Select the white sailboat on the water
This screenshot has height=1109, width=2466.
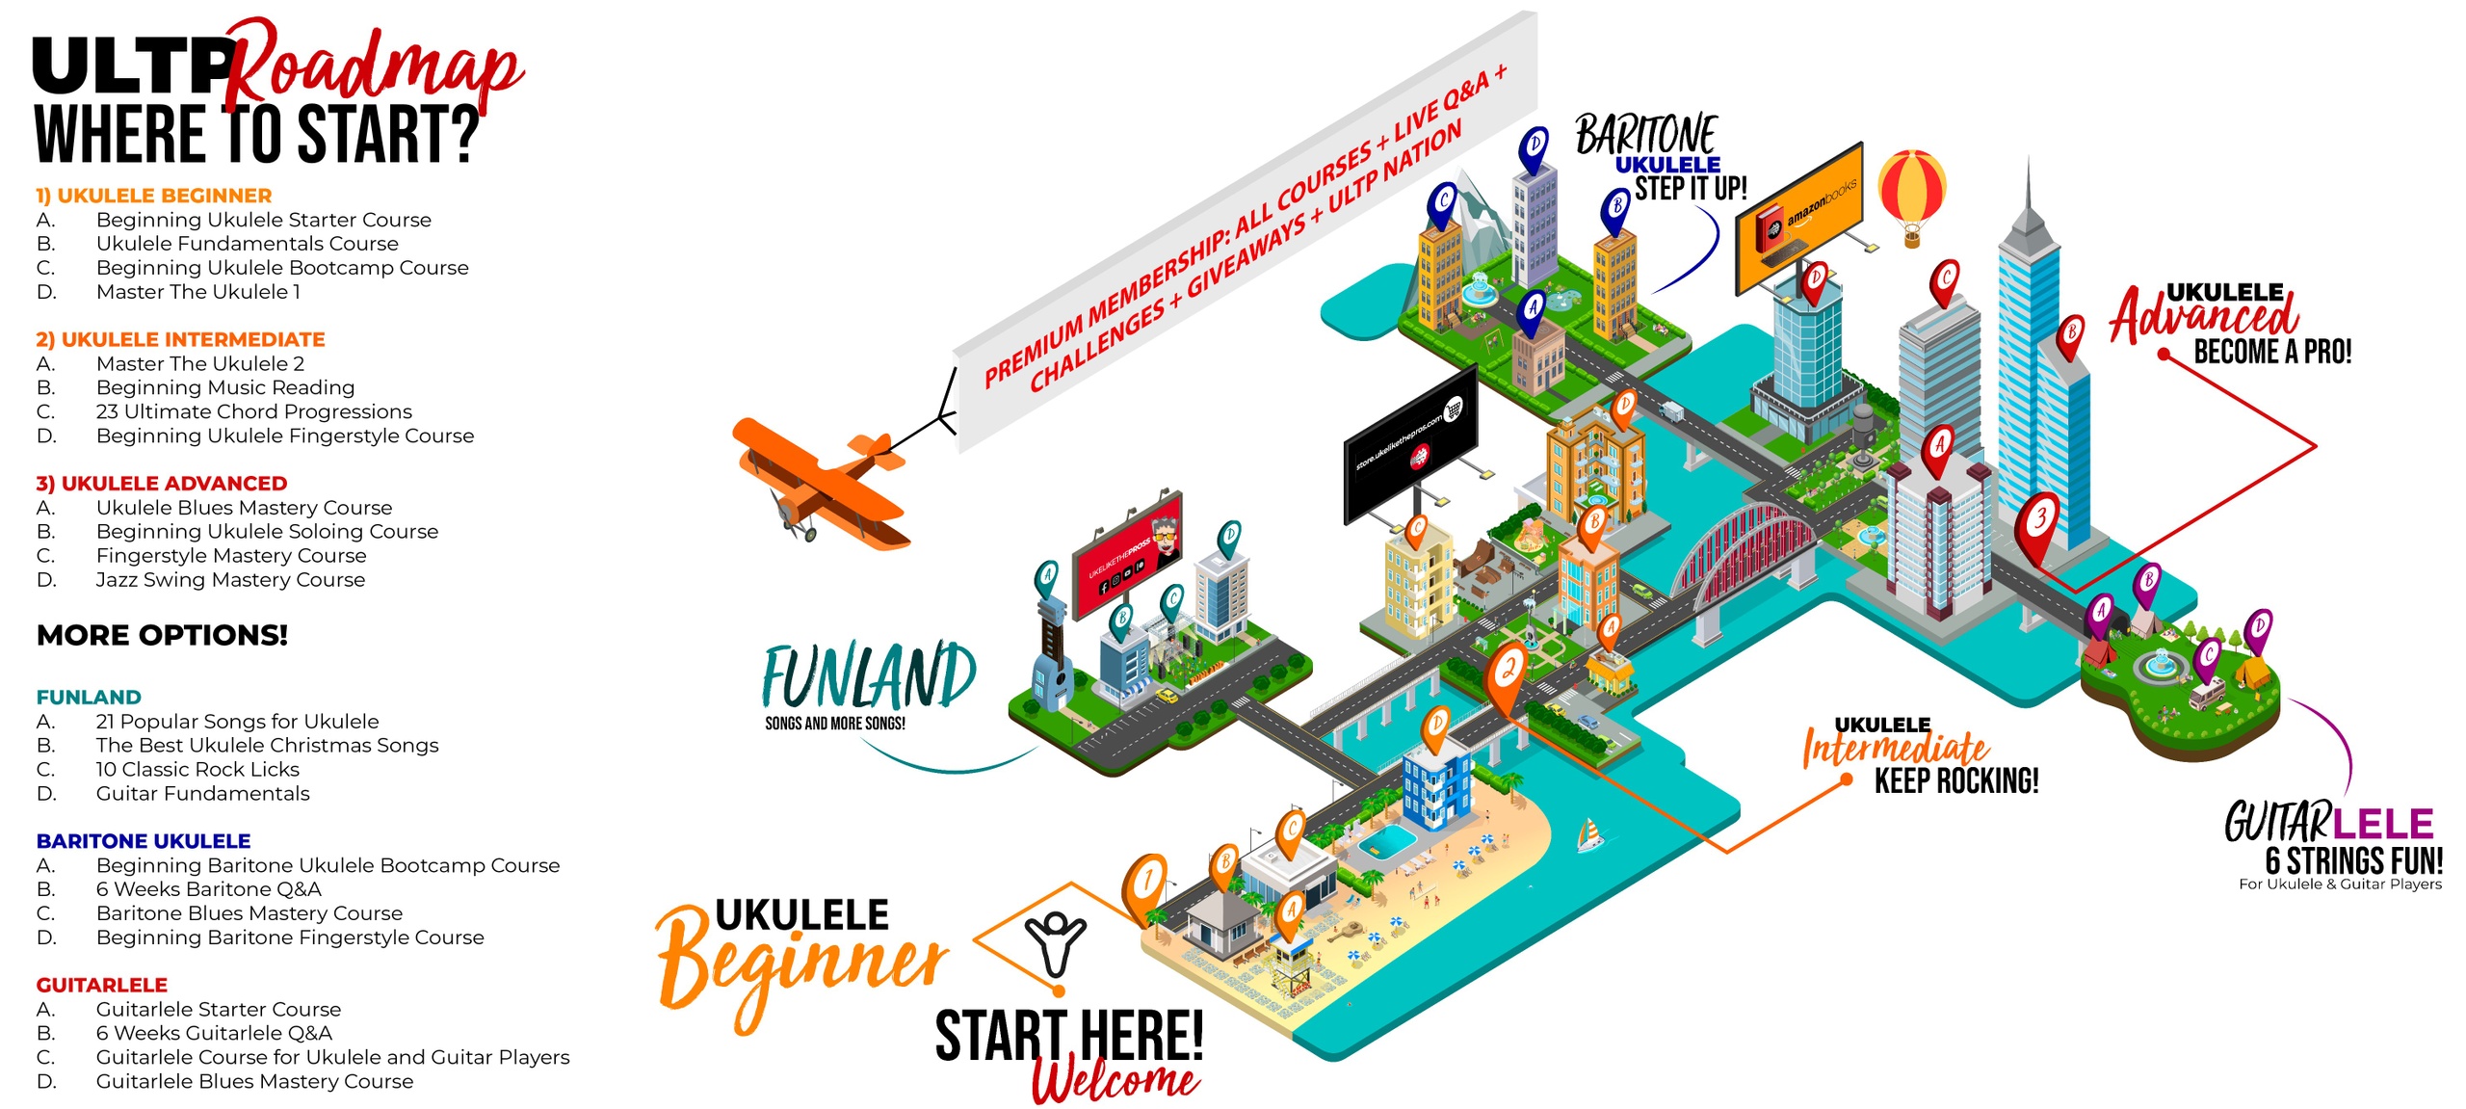click(x=1589, y=834)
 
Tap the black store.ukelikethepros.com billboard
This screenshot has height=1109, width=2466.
click(x=1410, y=441)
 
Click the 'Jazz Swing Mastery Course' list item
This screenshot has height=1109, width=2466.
click(x=230, y=580)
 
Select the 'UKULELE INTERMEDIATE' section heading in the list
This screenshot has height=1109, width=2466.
click(x=180, y=339)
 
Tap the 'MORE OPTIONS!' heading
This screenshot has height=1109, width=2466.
click(x=162, y=635)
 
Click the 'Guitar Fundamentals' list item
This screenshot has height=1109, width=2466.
click(x=202, y=794)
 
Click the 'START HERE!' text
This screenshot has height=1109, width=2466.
click(x=1069, y=1035)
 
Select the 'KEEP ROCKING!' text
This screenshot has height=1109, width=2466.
click(x=1955, y=780)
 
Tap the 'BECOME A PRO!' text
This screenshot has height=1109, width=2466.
click(x=2272, y=352)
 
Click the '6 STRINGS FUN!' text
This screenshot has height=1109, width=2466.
click(x=2353, y=859)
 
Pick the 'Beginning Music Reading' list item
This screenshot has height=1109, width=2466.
click(x=225, y=387)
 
